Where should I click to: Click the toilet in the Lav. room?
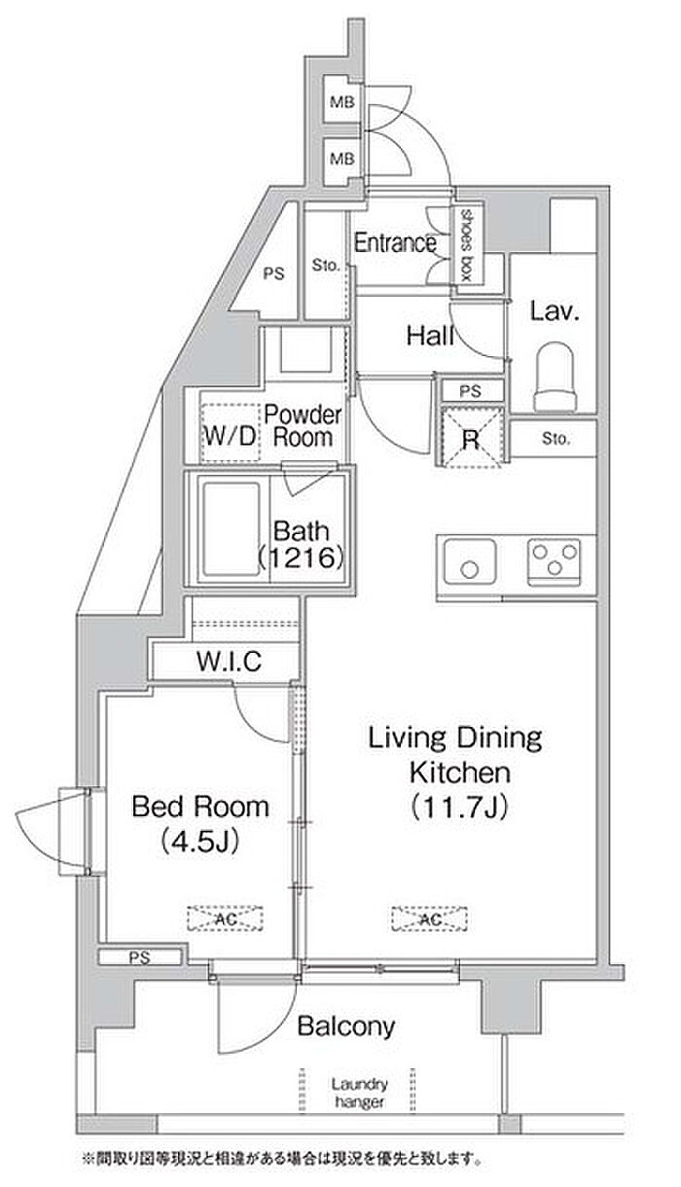[x=555, y=377]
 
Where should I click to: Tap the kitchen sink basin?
[x=470, y=561]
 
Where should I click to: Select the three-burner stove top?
[x=555, y=562]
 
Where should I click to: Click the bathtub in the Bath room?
[x=232, y=529]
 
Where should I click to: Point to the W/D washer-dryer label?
[x=230, y=436]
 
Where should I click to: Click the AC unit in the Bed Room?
[x=225, y=918]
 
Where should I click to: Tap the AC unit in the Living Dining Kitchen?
[x=430, y=918]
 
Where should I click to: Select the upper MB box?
[x=341, y=101]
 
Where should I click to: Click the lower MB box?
[x=341, y=159]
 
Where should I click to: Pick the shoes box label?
[x=466, y=245]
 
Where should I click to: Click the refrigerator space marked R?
[x=471, y=438]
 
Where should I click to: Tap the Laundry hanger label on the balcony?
[x=359, y=1093]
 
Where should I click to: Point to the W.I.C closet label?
[x=230, y=662]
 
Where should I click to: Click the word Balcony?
[x=346, y=1025]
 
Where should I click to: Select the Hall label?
[x=430, y=336]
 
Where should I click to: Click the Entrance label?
[x=395, y=242]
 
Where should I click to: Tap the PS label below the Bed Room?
[x=140, y=957]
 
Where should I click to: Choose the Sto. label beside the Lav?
[x=556, y=438]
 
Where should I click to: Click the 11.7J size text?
[x=459, y=807]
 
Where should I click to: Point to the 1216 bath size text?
[x=302, y=558]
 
